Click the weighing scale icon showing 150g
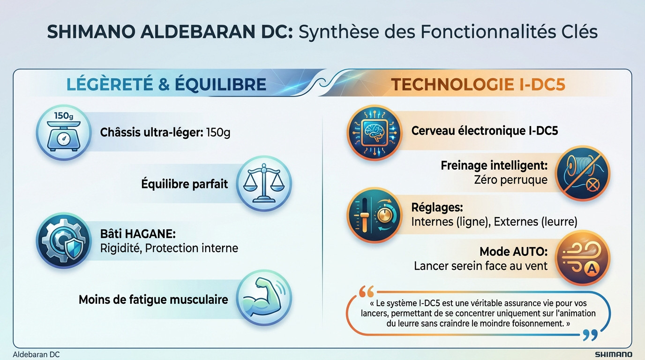pos(64,133)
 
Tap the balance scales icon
pos(264,184)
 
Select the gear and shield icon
pos(64,241)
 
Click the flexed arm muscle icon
pos(264,299)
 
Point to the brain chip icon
pos(375,133)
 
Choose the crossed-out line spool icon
pos(583,173)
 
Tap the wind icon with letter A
pos(583,258)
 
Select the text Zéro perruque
pos(510,180)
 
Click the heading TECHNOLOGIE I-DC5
pos(478,84)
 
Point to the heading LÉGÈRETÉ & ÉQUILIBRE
pos(166,84)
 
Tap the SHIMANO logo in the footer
pos(613,354)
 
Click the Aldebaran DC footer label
pos(36,354)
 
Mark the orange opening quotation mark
pos(366,292)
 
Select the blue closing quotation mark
pos(590,336)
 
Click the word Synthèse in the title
pos(339,32)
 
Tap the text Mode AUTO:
pos(513,252)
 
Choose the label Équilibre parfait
pos(185,184)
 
